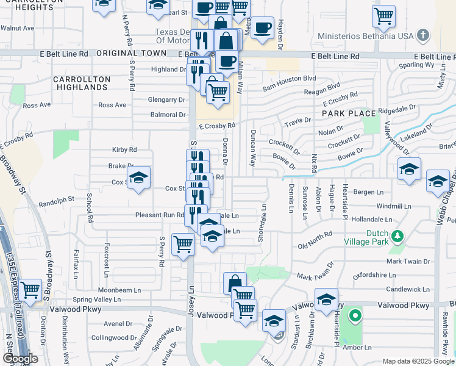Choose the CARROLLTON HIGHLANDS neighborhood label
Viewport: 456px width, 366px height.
pos(82,84)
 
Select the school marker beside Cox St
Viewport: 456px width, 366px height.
pos(139,178)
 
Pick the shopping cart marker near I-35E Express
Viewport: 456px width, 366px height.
pos(30,289)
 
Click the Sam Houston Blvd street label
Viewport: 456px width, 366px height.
pos(290,79)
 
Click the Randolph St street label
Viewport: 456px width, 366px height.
pos(56,198)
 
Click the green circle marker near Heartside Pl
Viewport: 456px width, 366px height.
pos(353,317)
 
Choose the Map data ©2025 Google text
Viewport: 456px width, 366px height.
pos(418,361)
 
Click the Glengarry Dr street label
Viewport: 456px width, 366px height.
pos(166,99)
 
